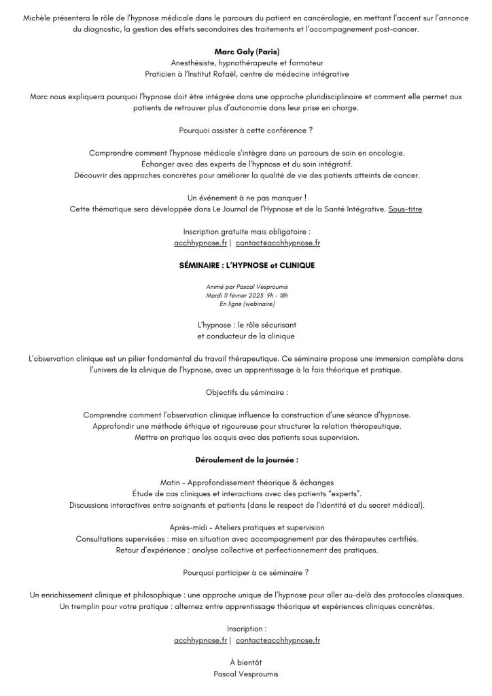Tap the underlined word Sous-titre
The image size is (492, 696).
coord(405,209)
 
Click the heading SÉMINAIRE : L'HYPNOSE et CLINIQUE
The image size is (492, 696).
coord(246,264)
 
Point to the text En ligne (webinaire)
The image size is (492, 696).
coord(245,304)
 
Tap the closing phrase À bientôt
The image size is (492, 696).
coord(246,663)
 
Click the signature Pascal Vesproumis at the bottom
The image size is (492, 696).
coord(246,675)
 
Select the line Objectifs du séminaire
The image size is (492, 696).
coord(246,392)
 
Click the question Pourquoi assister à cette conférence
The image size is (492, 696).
coord(246,130)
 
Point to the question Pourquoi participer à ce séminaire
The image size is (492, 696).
coord(246,572)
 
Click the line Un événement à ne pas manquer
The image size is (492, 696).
coord(246,197)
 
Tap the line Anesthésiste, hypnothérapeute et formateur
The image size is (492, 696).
coord(246,63)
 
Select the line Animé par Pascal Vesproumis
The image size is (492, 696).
coord(245,288)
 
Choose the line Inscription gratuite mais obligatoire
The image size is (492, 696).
coord(246,232)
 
